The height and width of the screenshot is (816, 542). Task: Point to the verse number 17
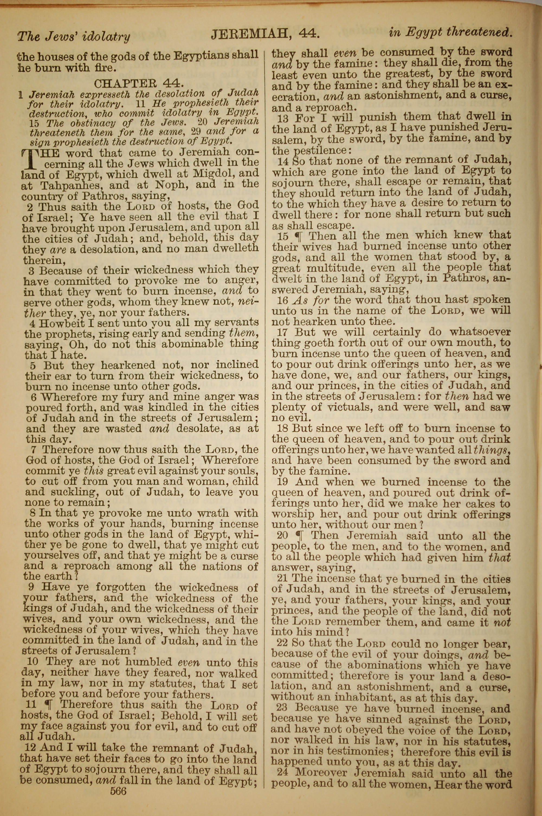282,332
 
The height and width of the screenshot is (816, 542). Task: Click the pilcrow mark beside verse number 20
300,536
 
